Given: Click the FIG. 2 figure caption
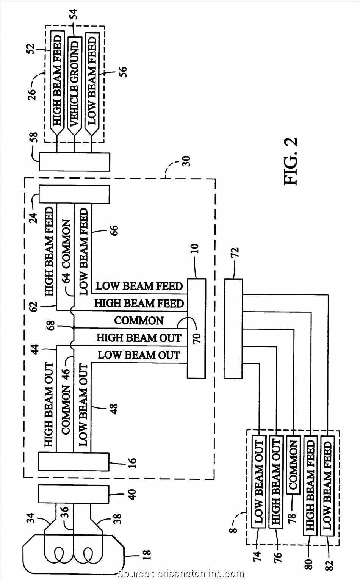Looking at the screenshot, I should pos(291,161).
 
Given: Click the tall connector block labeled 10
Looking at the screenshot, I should pos(196,328).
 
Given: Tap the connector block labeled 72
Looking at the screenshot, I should pos(233,328).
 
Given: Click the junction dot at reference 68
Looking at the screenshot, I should pos(74,328).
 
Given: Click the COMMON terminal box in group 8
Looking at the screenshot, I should pos(293,466).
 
